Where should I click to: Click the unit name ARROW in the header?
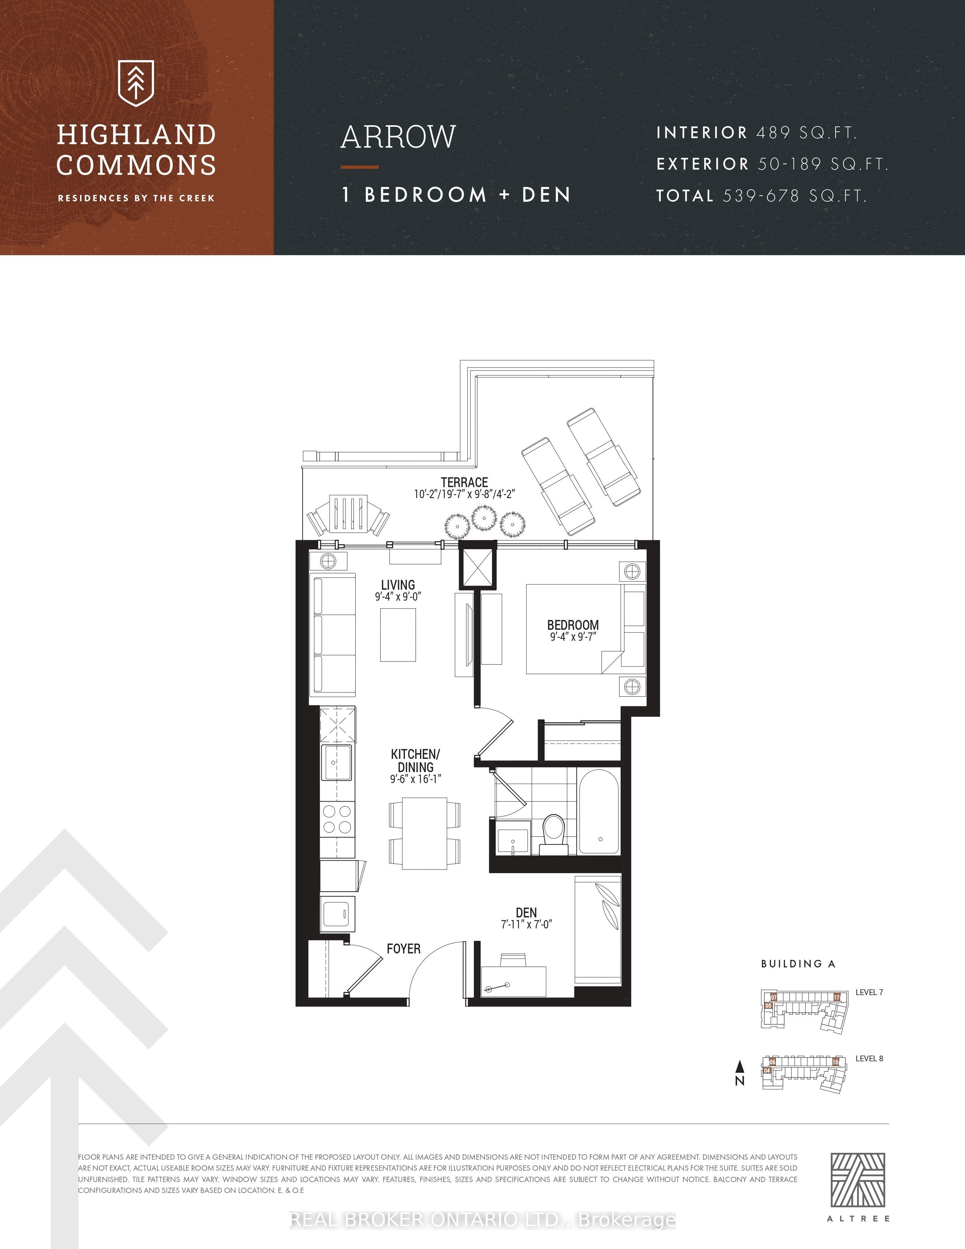click(x=398, y=137)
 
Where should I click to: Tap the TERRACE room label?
click(x=464, y=482)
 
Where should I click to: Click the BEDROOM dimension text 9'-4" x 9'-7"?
click(x=573, y=637)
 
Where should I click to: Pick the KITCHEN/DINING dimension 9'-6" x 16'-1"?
click(x=416, y=779)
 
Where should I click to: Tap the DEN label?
click(x=526, y=913)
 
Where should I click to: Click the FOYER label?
click(x=404, y=949)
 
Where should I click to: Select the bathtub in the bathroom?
click(x=599, y=811)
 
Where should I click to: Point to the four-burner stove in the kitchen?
click(x=337, y=819)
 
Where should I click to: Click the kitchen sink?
click(x=336, y=762)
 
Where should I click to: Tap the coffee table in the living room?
click(x=398, y=635)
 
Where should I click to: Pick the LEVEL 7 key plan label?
click(x=869, y=992)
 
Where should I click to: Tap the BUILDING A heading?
click(x=798, y=964)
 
